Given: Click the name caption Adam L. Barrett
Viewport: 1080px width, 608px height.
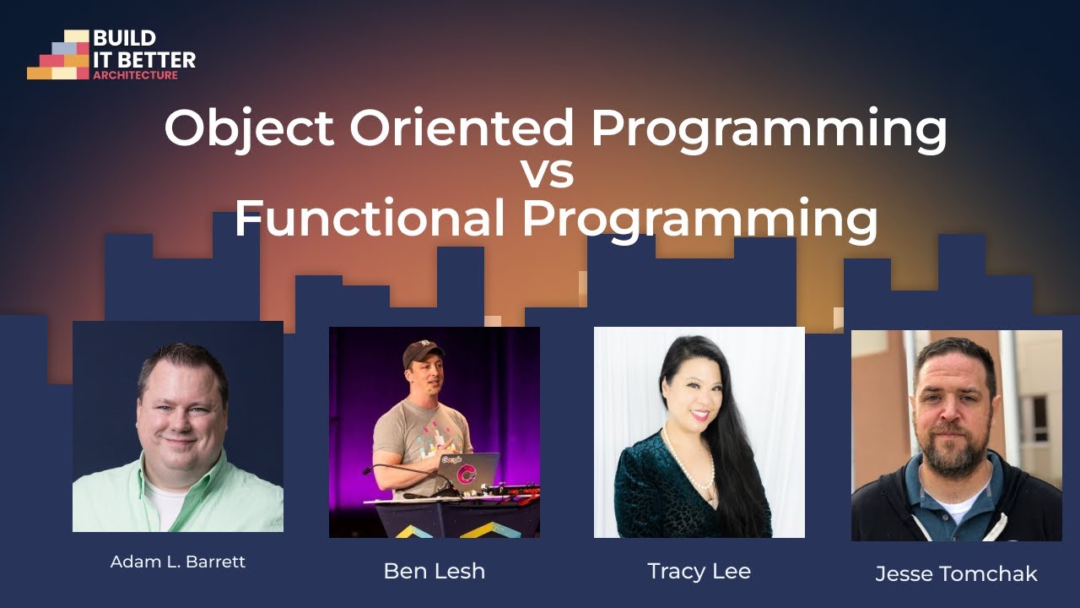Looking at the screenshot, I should point(178,562).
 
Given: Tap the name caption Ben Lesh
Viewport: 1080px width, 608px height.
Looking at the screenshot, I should point(434,571).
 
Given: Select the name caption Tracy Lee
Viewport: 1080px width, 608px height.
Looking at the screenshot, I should point(699,571).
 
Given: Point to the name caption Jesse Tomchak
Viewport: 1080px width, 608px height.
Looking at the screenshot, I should point(956,574).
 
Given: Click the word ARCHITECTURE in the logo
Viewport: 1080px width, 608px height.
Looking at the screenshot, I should point(135,75).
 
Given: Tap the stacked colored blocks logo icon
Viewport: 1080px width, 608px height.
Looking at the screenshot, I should point(59,56).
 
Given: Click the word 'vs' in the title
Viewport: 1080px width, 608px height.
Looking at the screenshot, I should point(547,172).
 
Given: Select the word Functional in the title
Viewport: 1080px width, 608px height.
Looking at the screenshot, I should point(370,218).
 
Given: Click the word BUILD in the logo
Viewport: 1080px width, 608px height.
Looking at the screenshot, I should point(124,39).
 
